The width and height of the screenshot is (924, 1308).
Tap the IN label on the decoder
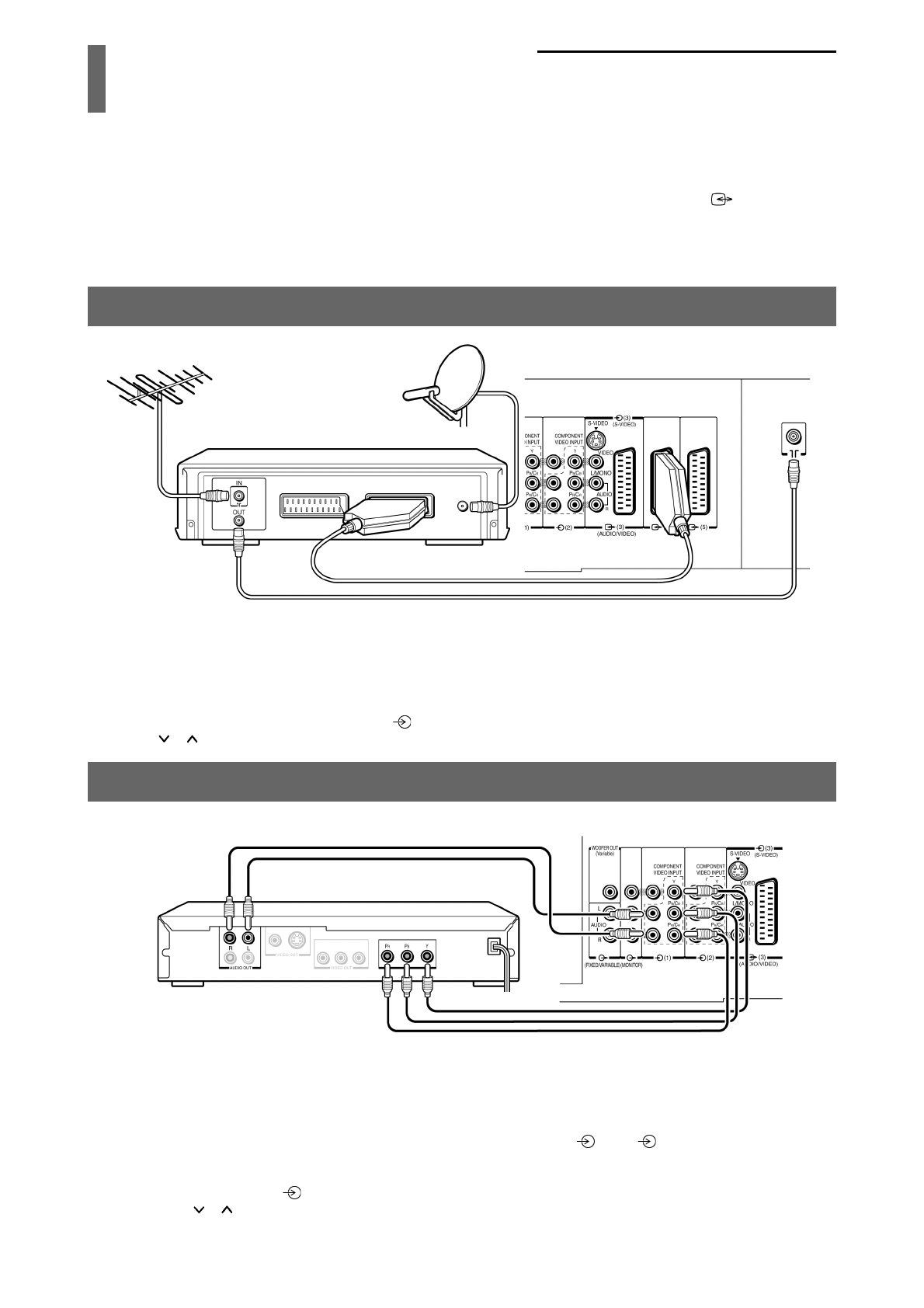pyautogui.click(x=238, y=483)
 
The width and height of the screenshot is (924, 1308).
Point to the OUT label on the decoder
pyautogui.click(x=238, y=513)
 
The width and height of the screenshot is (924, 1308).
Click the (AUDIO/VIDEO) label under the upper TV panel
pyautogui.click(x=617, y=534)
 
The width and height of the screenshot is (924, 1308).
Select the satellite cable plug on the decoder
pyautogui.click(x=481, y=505)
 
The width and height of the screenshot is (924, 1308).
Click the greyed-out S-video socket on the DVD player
pyautogui.click(x=294, y=940)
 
